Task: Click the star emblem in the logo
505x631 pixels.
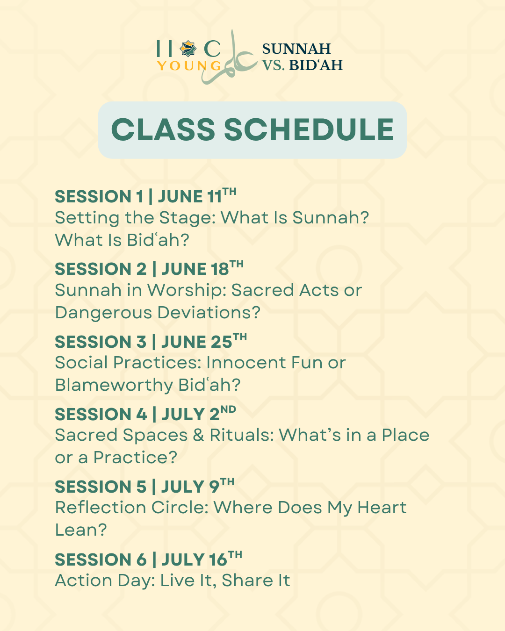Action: [x=188, y=49]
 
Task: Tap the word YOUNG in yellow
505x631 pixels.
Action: [x=189, y=66]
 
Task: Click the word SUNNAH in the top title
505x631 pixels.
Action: [x=296, y=49]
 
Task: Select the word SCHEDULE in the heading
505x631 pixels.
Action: [x=309, y=129]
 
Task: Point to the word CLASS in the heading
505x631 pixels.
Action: [x=163, y=129]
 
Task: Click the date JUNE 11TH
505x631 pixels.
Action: [x=197, y=195]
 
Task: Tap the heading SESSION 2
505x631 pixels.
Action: [x=101, y=269]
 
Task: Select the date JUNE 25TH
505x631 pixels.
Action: [x=204, y=341]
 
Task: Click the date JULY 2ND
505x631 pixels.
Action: [x=199, y=414]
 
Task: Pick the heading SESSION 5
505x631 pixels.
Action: [x=101, y=487]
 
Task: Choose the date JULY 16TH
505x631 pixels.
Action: [x=202, y=559]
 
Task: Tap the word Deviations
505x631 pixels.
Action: [x=209, y=313]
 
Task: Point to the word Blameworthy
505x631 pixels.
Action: [x=114, y=385]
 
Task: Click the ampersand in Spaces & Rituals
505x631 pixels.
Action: [x=198, y=435]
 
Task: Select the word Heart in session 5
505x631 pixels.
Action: [x=382, y=508]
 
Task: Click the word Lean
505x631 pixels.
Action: [x=81, y=530]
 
